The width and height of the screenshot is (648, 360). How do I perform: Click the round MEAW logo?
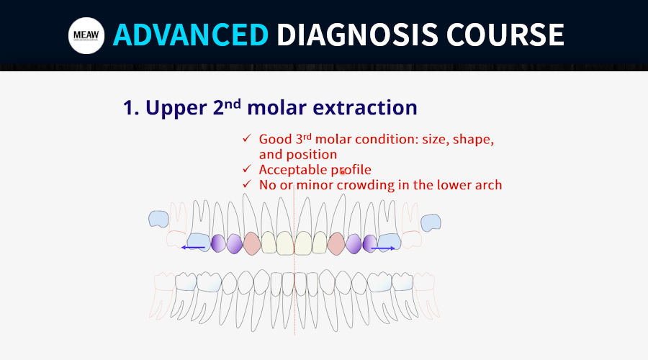click(86, 35)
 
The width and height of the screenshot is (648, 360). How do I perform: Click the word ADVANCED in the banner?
click(191, 35)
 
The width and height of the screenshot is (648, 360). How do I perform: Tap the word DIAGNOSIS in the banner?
click(357, 35)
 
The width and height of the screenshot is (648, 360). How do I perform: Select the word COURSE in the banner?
click(505, 35)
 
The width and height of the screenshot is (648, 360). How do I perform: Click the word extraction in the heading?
click(365, 107)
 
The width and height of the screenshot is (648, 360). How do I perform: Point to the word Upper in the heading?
click(176, 108)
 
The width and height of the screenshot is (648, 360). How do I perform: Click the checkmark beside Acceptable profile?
click(247, 169)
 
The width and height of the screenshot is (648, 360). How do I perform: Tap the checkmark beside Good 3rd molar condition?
click(247, 138)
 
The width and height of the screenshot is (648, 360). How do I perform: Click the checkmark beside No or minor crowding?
click(247, 184)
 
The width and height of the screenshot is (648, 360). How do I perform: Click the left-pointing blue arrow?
click(194, 248)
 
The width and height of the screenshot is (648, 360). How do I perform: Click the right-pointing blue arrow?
click(383, 248)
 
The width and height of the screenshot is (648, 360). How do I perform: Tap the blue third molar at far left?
click(158, 219)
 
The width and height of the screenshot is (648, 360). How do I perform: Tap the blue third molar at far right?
click(431, 222)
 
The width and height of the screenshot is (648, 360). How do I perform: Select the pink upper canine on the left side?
click(252, 243)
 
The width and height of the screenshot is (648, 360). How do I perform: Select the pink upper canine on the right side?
click(336, 243)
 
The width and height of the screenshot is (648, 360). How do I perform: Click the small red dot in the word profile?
click(342, 171)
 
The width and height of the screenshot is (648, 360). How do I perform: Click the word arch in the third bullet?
click(490, 185)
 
